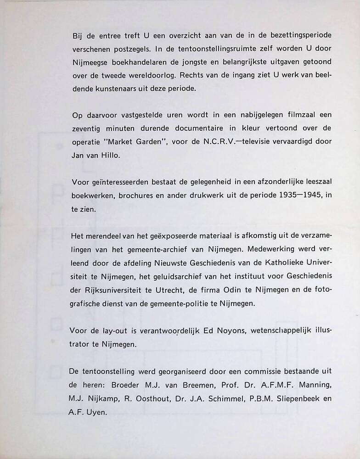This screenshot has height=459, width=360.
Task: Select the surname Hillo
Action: coord(113,155)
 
